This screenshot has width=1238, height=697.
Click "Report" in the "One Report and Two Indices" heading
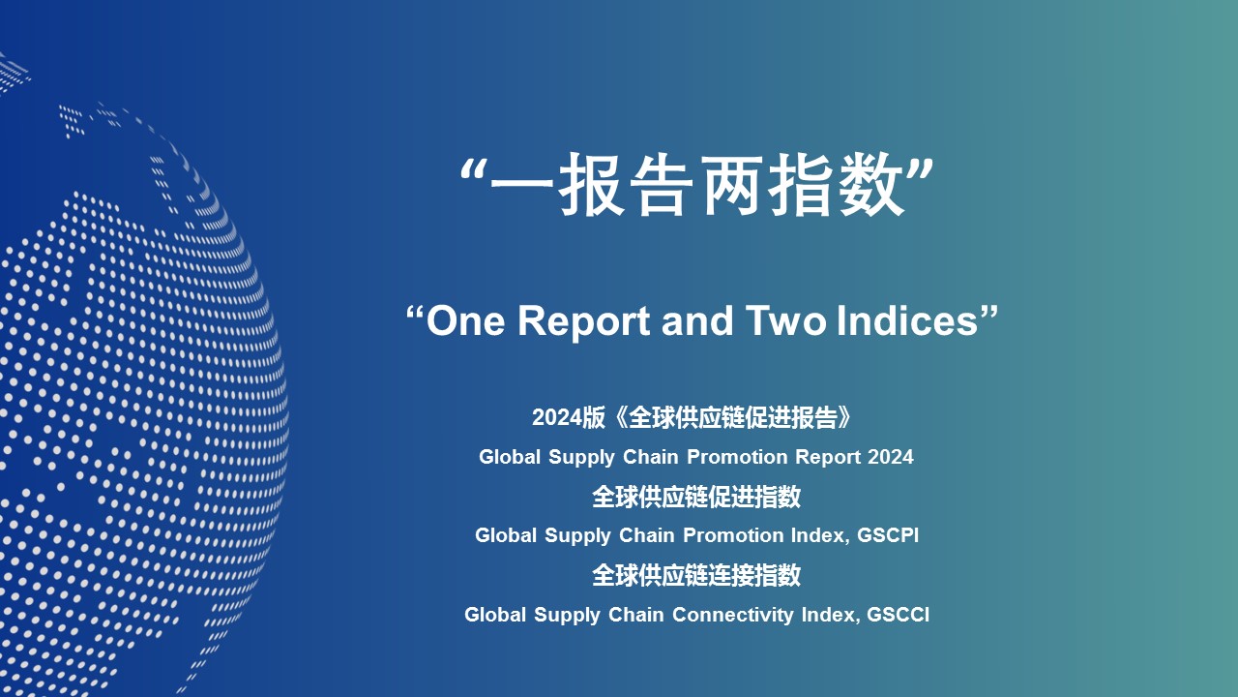(583, 322)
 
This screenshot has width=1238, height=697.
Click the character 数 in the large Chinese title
(872, 184)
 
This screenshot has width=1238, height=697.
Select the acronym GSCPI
(888, 535)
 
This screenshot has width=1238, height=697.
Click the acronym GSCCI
(899, 615)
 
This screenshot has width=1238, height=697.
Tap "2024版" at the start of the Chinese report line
(569, 417)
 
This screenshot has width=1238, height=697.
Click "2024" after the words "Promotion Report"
(891, 457)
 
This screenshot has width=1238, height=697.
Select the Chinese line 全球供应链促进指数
(696, 497)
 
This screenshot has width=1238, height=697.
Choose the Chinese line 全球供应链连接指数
(696, 575)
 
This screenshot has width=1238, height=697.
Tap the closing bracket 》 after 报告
(844, 417)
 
